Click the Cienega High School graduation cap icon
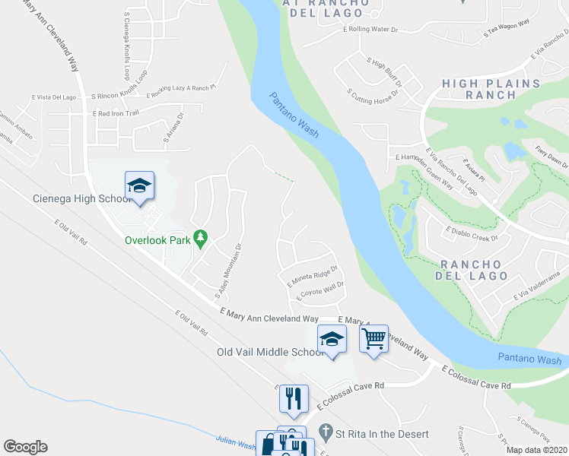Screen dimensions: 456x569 click(x=140, y=185)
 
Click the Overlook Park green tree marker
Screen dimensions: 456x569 click(x=201, y=239)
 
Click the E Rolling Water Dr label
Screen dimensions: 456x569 click(x=371, y=30)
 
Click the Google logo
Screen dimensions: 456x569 click(x=25, y=447)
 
